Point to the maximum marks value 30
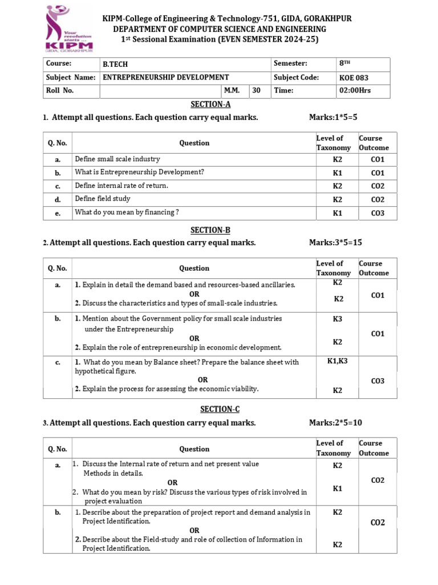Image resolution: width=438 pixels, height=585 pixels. [256, 90]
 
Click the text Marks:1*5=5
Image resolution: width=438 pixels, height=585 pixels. [333, 117]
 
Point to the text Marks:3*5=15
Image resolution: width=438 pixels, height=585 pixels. [335, 242]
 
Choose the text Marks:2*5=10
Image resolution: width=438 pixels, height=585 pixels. [335, 423]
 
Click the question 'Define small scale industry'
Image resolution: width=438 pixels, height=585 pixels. [117, 159]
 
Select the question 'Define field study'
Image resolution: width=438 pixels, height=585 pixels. [103, 199]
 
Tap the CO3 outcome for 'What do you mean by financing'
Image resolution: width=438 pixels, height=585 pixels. [378, 213]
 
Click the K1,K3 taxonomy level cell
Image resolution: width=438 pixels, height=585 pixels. [337, 362]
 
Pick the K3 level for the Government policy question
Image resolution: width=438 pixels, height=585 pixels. [337, 319]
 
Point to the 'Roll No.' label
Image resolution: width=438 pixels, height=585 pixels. [60, 90]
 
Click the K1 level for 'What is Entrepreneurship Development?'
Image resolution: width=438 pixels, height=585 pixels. [337, 173]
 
